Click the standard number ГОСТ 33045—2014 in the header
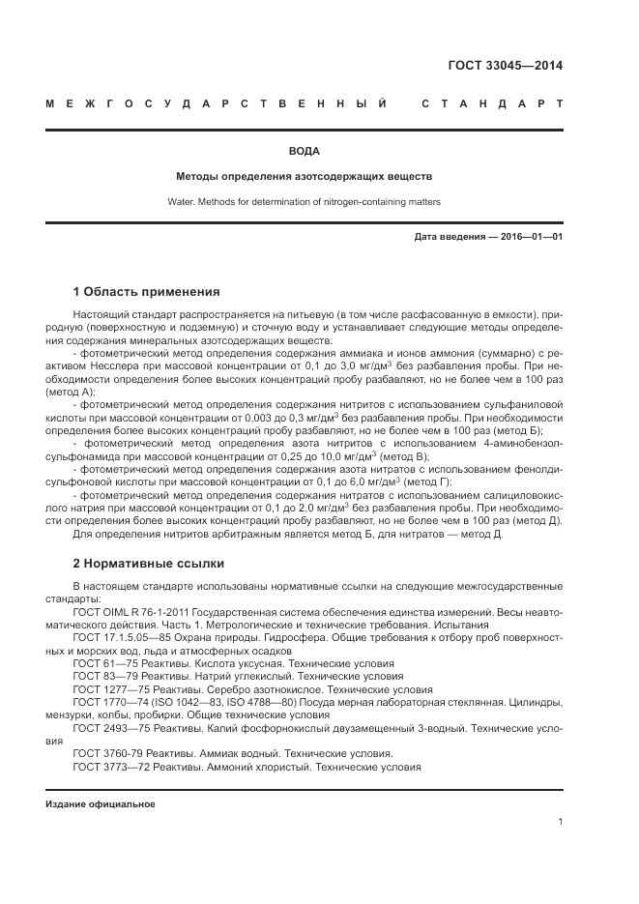[505, 67]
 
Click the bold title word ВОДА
[305, 151]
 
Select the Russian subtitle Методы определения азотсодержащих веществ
[304, 177]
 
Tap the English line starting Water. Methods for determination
[304, 202]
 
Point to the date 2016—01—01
[530, 237]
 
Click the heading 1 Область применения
[146, 291]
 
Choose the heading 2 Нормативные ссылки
[148, 562]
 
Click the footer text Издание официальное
[101, 804]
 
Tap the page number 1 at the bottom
[560, 822]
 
